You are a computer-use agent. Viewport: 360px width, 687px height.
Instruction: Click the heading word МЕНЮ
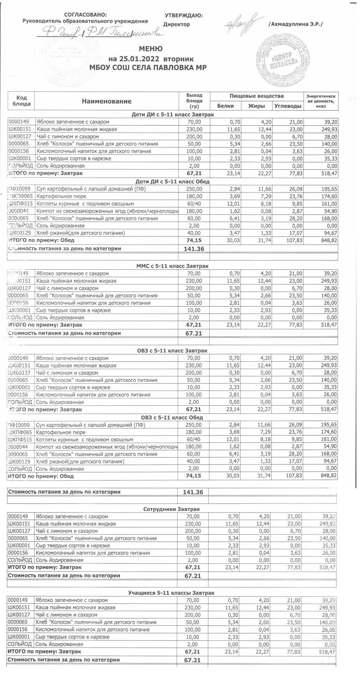tap(150, 49)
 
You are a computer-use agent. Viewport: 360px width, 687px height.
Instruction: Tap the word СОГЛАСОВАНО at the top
tap(86, 15)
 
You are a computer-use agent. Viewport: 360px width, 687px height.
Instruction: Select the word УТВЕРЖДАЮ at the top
tap(183, 15)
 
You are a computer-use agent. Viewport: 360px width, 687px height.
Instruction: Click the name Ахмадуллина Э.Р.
tap(296, 24)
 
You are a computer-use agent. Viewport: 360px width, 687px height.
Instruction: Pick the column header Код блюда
tap(21, 101)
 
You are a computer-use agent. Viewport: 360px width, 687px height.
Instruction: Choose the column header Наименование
tap(106, 101)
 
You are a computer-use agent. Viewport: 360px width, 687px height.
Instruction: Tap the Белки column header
tap(226, 106)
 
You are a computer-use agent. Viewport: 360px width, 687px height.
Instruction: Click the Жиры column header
tap(257, 106)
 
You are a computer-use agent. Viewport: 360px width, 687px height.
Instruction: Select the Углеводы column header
tap(288, 106)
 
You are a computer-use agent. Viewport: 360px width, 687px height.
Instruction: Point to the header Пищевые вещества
tap(257, 96)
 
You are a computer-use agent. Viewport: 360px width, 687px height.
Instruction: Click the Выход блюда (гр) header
tap(194, 101)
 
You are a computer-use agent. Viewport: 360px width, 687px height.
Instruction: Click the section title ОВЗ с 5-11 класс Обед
tap(172, 418)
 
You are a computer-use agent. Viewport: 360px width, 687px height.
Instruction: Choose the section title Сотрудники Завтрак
tap(171, 509)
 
